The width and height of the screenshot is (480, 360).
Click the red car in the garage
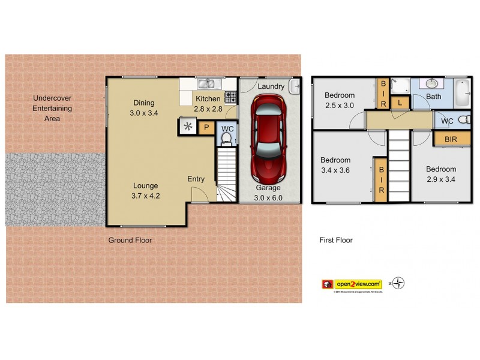268,142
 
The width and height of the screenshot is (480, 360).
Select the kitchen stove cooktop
230,97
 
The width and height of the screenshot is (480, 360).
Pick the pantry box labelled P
206,127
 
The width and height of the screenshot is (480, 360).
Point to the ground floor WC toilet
226,139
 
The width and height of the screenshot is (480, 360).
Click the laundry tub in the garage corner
293,88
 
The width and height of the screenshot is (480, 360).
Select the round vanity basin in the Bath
432,84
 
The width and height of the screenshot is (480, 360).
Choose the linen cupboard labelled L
399,103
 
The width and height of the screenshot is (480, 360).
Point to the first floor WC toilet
463,121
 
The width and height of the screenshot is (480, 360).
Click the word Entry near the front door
196,179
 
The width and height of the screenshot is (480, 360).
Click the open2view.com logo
358,283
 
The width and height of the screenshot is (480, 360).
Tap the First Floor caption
335,240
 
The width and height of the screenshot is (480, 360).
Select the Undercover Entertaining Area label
53,108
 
